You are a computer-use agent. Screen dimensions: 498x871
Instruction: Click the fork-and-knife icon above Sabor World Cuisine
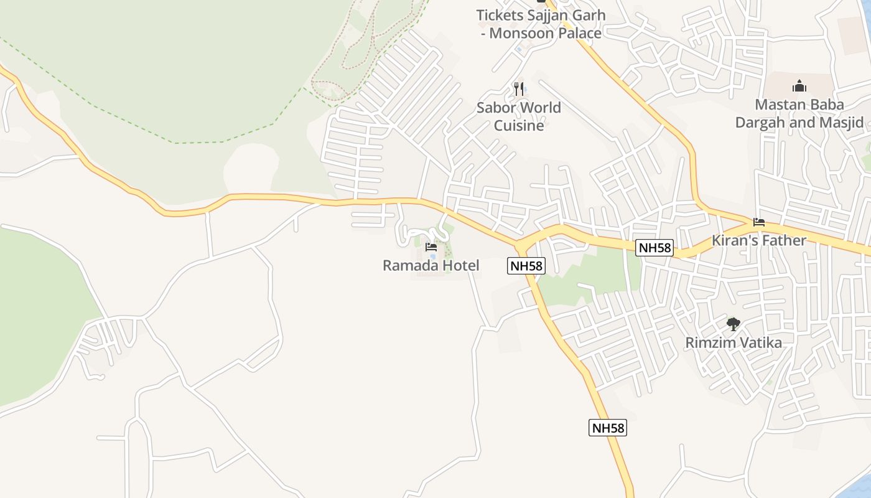tap(519, 89)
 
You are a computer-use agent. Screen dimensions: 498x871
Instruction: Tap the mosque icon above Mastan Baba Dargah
tap(799, 86)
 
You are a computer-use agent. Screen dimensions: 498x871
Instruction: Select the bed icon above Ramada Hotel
tap(431, 247)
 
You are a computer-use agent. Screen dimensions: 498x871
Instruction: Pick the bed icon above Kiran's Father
tap(758, 222)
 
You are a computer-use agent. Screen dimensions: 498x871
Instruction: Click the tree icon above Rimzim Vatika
tap(734, 324)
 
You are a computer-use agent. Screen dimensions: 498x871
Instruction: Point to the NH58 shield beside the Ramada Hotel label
tap(526, 266)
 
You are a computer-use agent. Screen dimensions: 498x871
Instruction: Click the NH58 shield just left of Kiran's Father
tap(655, 248)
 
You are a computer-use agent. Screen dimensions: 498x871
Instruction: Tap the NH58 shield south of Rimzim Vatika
tap(608, 428)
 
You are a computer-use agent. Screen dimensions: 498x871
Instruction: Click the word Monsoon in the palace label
tap(520, 33)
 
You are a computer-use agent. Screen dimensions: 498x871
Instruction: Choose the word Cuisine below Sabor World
tap(519, 126)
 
